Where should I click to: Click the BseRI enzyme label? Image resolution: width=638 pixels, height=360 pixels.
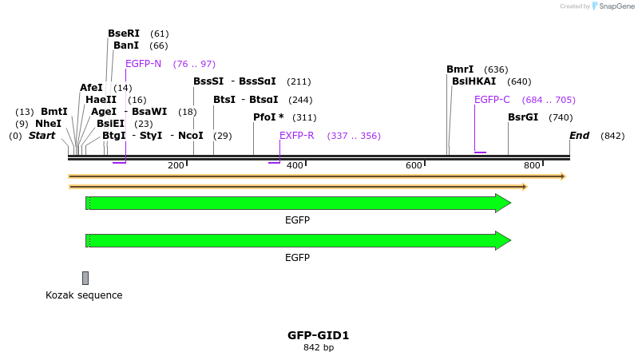point(124,34)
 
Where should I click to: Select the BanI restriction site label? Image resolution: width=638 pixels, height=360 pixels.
point(126,45)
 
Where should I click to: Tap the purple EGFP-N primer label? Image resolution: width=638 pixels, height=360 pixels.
point(143,64)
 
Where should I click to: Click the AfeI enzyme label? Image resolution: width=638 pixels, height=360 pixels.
point(91,88)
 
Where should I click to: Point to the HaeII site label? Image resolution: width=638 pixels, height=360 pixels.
point(101,100)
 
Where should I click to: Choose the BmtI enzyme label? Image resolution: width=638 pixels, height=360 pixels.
point(54,112)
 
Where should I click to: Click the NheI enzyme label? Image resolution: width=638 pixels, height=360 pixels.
point(48,124)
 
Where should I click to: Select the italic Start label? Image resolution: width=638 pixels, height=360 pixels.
point(42,136)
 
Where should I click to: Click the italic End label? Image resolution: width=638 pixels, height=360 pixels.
point(579,136)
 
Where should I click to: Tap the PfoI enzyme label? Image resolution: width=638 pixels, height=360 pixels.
point(268,117)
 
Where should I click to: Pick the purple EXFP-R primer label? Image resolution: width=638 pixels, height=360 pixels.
point(296,136)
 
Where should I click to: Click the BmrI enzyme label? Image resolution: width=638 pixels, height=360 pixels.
point(460,69)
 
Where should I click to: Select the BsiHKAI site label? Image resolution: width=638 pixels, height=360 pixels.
point(474,81)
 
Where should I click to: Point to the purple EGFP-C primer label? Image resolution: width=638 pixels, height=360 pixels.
point(492,100)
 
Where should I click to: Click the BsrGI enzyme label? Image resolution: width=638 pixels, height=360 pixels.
point(523,117)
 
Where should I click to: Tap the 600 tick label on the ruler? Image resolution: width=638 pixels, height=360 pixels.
point(414,165)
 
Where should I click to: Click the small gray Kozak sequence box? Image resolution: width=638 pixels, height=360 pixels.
point(85,278)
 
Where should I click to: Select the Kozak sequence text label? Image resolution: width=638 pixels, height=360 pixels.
point(84,295)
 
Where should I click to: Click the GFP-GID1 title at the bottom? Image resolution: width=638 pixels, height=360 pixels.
point(319,335)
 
